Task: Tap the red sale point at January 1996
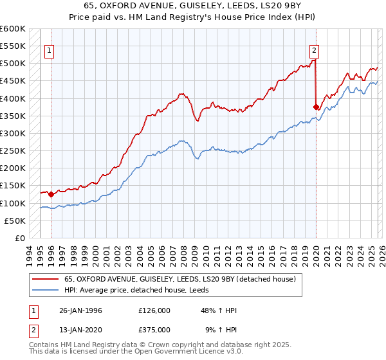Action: [51, 194]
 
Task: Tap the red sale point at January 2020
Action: [316, 107]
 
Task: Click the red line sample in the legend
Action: [45, 280]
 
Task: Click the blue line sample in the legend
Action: [45, 291]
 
